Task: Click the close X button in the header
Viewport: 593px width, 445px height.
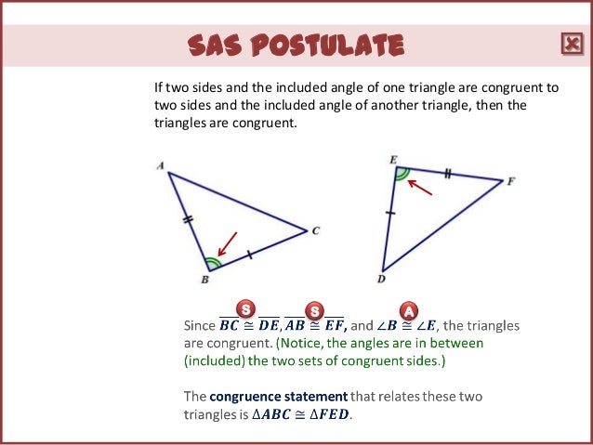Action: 570,44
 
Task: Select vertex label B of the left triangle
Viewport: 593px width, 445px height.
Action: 205,279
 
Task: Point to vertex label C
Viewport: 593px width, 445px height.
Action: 316,231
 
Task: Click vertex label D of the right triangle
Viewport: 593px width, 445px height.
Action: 382,278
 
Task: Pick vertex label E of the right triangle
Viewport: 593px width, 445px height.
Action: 393,160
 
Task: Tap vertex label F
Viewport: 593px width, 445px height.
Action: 510,181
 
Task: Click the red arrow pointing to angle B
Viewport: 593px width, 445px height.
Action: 226,243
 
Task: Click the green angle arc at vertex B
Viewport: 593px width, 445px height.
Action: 214,262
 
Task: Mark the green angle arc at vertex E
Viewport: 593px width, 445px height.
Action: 402,174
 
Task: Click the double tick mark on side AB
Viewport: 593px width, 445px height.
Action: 188,220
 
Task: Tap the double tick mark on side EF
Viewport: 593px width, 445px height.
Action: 447,174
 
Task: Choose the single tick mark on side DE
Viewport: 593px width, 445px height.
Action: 390,214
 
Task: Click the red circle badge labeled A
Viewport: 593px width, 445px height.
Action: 406,309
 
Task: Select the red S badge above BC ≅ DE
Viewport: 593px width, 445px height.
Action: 246,308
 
